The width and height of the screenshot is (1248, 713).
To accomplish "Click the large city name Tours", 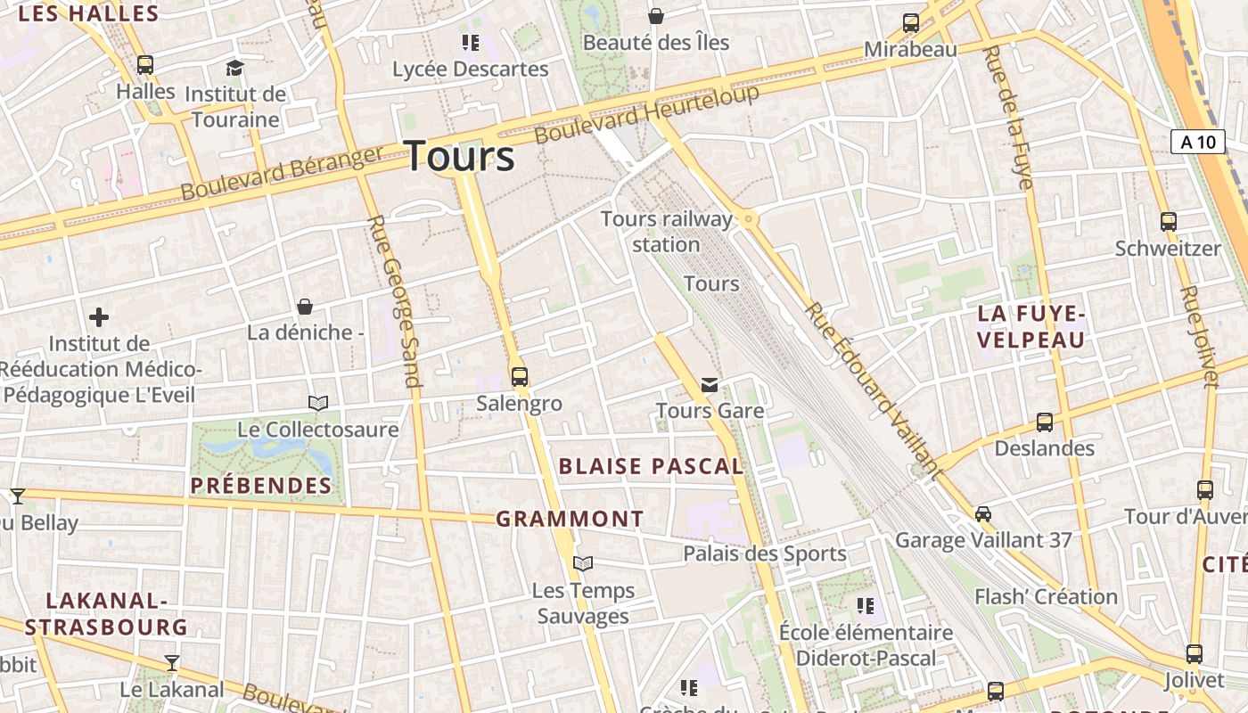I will [460, 157].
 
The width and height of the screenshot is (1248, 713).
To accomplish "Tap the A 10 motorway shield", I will [1197, 142].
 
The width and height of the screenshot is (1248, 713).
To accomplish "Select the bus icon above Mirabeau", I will [910, 23].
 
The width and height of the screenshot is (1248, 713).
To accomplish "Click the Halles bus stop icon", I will [145, 65].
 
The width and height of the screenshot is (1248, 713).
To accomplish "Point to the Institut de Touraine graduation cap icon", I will [234, 68].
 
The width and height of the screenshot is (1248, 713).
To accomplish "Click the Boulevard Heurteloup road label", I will [647, 114].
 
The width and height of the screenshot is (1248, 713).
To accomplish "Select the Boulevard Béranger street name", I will [282, 173].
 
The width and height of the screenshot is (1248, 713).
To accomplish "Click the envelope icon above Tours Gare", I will [710, 385].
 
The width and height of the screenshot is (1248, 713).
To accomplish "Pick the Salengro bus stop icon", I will [520, 377].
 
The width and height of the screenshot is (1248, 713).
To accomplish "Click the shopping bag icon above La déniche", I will [305, 307].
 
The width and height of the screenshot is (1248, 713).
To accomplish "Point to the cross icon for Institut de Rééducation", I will [99, 317].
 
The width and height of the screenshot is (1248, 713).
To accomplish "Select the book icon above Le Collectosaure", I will [318, 403].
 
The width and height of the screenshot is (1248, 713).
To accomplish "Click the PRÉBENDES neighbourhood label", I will [261, 486].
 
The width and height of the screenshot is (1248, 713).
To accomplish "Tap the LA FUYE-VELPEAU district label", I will [1031, 326].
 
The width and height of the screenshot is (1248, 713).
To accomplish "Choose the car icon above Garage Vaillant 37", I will [982, 514].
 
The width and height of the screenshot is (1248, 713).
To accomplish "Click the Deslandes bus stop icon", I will [1044, 422].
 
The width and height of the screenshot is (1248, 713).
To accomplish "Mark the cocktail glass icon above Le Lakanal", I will [172, 663].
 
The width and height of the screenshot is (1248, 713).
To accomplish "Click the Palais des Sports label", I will [764, 553].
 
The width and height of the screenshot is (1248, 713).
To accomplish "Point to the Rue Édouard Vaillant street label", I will [874, 390].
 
